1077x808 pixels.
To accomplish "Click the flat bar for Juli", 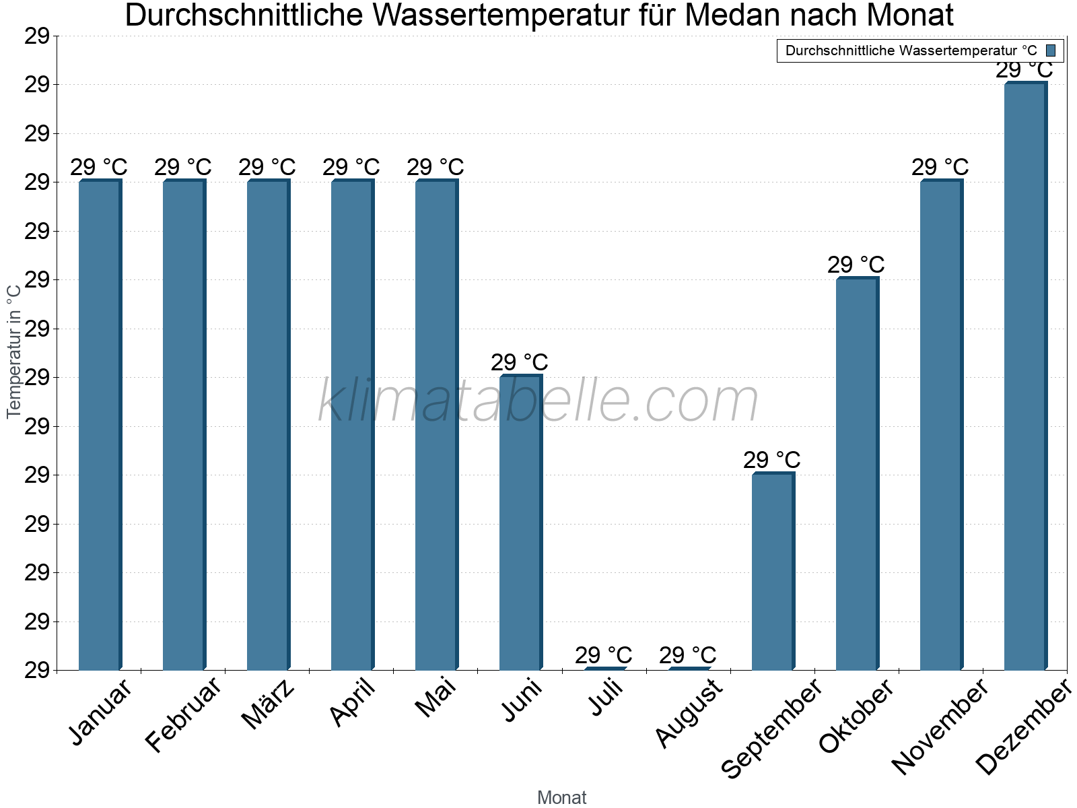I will click(604, 668).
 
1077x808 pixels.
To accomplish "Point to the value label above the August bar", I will click(687, 655).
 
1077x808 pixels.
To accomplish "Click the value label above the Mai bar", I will click(435, 167).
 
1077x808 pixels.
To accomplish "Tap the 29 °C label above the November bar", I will click(940, 167).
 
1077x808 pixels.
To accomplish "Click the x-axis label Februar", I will click(184, 714).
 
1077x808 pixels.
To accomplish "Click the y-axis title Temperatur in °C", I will click(14, 350).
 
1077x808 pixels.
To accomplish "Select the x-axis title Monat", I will click(561, 798).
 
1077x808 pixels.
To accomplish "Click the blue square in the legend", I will click(1051, 50).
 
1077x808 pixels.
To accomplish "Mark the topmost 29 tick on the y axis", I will click(37, 36).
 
